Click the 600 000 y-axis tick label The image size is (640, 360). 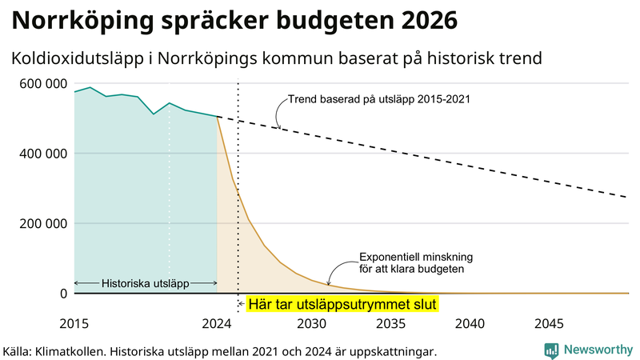coord(38,83)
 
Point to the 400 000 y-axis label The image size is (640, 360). coord(38,153)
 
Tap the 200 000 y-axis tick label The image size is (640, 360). coord(38,223)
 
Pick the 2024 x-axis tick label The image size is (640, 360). coord(216,323)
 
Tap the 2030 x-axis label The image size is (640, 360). coord(312,323)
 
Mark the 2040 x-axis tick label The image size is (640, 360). coord(470,323)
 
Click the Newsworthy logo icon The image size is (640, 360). coord(552,350)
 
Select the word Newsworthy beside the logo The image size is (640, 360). coord(598,350)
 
